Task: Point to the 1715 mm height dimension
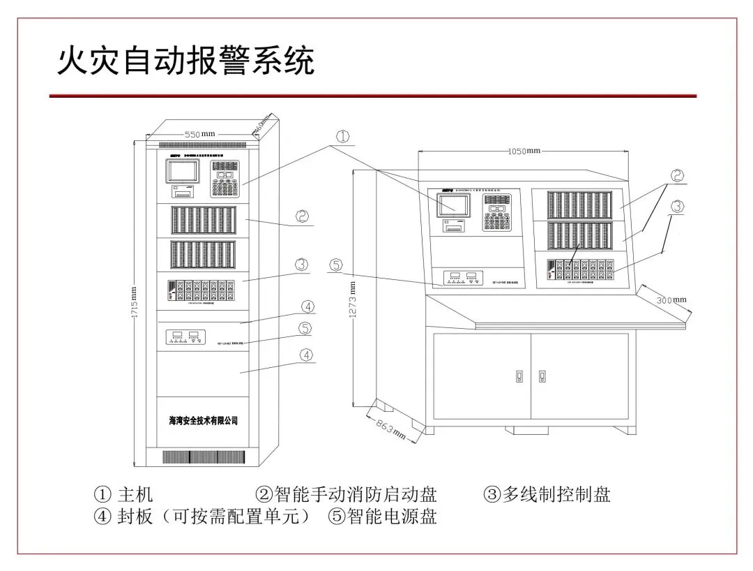click(x=135, y=300)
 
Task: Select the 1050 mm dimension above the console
click(x=524, y=150)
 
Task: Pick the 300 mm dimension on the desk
click(x=671, y=299)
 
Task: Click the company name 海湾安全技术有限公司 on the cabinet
click(x=204, y=421)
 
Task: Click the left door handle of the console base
click(x=519, y=376)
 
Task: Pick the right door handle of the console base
click(x=542, y=376)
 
